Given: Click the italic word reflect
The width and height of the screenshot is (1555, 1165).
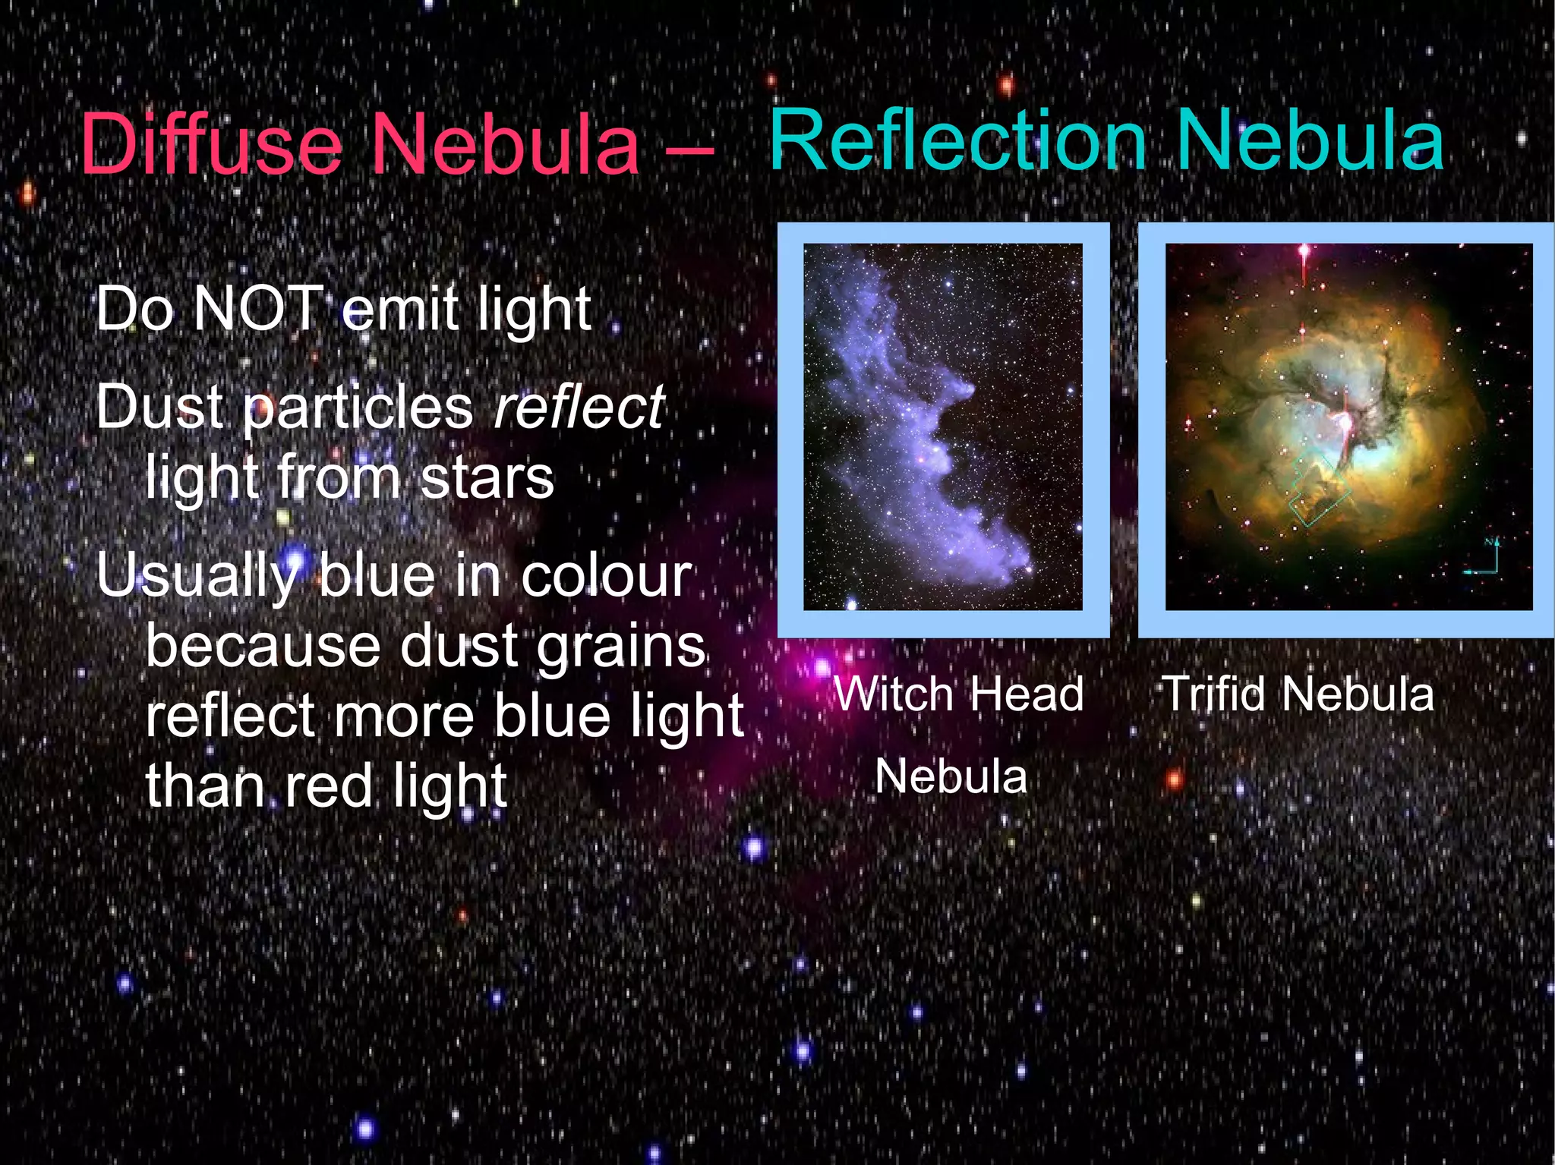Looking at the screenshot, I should (x=579, y=408).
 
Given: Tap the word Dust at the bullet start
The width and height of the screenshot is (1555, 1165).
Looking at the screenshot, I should (x=160, y=408).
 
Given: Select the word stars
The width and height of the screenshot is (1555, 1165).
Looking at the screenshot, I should (x=487, y=477).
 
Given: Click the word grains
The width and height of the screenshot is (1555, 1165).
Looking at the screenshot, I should (x=621, y=647).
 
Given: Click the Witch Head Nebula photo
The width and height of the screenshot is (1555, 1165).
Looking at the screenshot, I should (x=943, y=427).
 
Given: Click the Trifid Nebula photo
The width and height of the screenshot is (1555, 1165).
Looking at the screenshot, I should (x=1348, y=427).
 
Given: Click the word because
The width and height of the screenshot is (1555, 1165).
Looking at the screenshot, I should (x=263, y=647).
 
